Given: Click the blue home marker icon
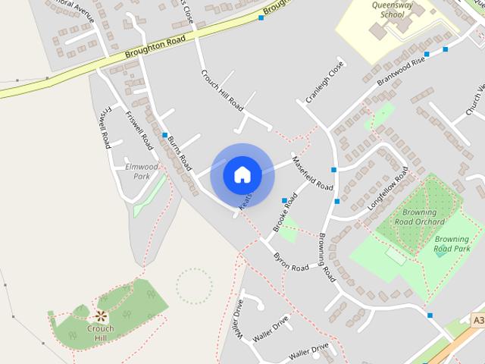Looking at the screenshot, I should point(242,174).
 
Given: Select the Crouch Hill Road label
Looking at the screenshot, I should point(221,89).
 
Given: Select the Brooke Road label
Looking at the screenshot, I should point(285,215).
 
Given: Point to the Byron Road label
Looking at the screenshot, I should point(291,262).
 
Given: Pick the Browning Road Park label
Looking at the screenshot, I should point(452,243).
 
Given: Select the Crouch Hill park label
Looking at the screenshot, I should point(100,333).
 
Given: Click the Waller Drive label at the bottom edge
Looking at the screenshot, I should point(308,351).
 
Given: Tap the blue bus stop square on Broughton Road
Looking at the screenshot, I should point(261,17).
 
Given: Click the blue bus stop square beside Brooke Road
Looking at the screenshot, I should point(285,201).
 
